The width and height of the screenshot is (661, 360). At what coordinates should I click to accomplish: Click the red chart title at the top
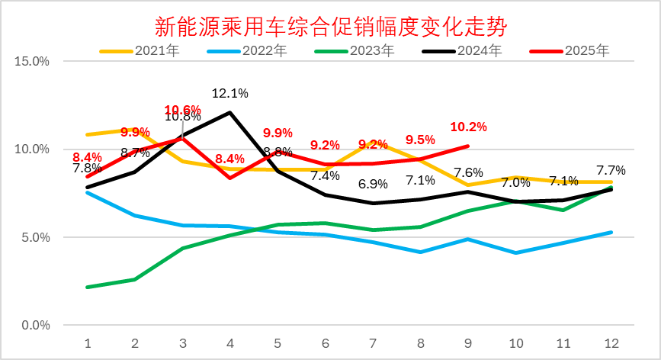330,27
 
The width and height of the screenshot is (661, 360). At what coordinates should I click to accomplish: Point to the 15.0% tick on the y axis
33,61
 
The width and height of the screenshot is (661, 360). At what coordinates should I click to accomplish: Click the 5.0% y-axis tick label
36,237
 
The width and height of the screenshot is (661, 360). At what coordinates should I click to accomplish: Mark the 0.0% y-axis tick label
36,326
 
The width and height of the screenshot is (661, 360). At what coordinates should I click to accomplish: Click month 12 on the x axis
611,342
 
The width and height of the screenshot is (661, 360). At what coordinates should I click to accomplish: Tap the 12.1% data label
229,94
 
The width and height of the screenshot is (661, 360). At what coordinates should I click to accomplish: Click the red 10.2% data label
468,127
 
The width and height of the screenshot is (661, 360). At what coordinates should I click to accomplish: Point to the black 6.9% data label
374,184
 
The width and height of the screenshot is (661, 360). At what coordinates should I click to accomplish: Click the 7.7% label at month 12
611,170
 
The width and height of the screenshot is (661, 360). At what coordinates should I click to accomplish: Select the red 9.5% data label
420,140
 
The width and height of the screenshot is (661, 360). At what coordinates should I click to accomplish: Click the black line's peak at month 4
230,112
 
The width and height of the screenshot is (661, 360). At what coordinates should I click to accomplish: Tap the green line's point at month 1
88,288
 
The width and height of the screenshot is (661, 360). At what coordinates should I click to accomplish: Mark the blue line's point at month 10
516,252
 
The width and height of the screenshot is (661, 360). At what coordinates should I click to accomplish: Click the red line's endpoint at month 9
468,146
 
